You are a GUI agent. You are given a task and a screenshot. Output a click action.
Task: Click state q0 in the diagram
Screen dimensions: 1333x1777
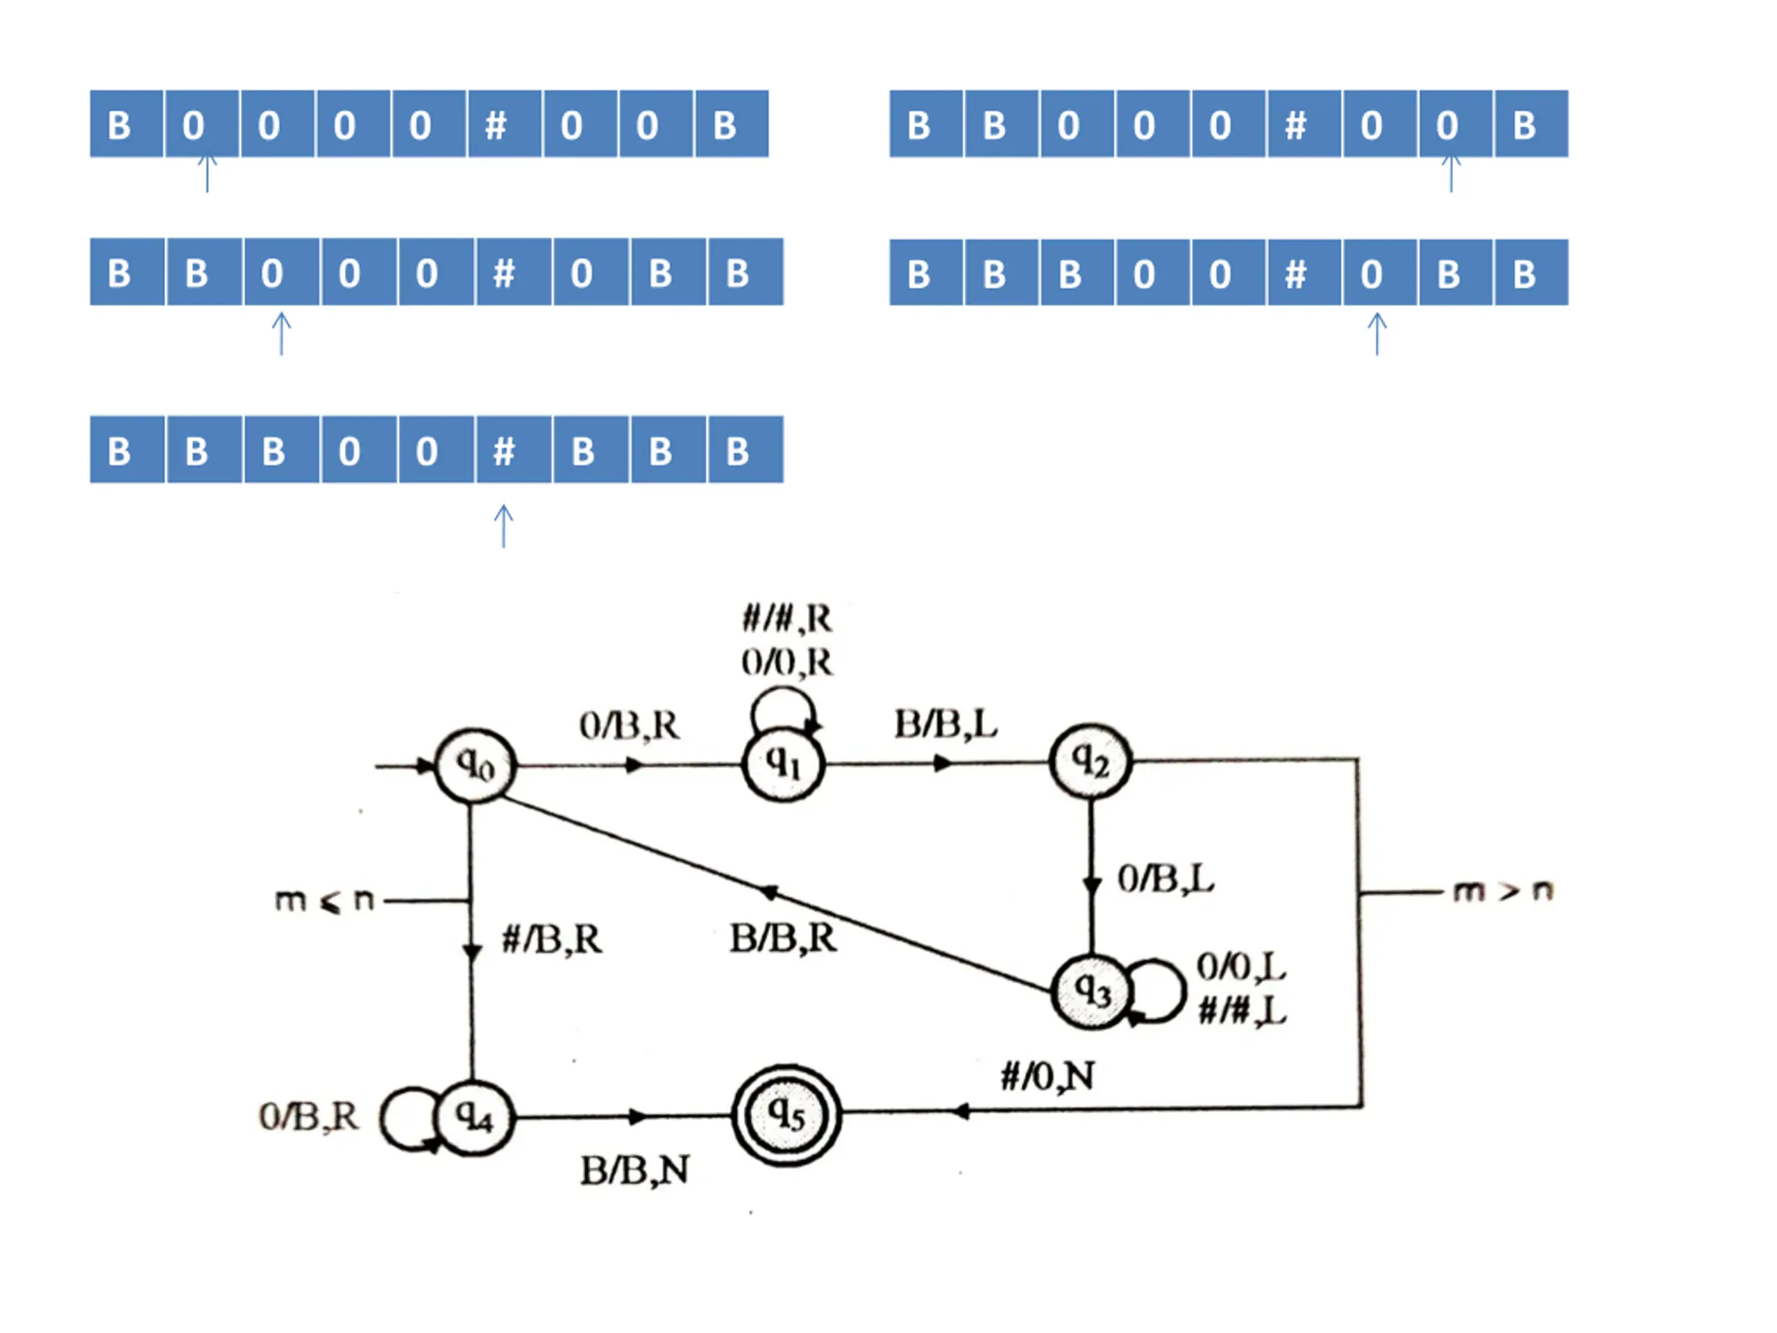point(475,766)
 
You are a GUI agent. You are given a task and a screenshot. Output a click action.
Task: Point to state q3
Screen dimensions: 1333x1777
point(1092,991)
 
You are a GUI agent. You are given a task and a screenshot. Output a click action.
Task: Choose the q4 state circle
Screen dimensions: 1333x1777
point(475,1117)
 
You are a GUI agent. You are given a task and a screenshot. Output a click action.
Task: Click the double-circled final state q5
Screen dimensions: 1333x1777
point(786,1114)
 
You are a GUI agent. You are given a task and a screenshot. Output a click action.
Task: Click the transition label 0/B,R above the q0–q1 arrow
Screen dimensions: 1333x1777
point(629,726)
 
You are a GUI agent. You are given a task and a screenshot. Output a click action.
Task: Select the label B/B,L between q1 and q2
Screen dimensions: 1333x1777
point(945,724)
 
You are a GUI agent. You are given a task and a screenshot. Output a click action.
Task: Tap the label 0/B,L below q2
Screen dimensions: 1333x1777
point(1165,878)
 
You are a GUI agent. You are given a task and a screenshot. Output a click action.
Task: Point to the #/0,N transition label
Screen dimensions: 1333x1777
point(1047,1075)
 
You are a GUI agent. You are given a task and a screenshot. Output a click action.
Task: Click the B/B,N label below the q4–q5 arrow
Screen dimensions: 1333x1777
point(634,1170)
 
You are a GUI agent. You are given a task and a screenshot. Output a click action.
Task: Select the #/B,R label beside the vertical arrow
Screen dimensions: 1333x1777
point(552,939)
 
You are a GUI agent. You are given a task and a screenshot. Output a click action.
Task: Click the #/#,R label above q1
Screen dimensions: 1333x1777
point(786,619)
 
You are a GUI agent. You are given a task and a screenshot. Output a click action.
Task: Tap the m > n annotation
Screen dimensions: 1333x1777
point(1503,890)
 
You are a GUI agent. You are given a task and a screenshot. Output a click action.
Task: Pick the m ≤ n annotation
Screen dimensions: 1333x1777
point(325,900)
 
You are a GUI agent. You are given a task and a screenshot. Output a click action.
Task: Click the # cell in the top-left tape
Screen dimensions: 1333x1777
point(496,124)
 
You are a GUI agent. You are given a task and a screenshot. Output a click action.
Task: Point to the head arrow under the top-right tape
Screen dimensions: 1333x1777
point(1451,173)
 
